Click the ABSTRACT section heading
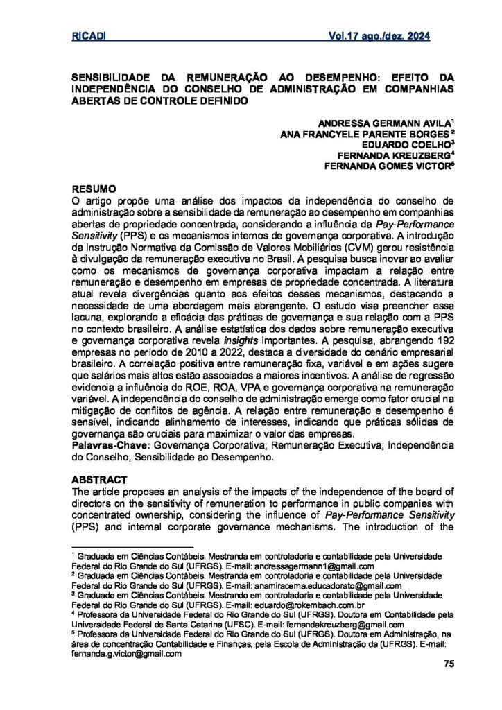98,479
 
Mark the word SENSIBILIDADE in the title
114,78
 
